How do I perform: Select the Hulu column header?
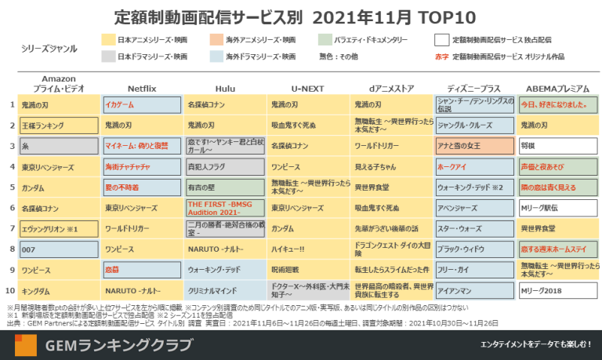[203, 89]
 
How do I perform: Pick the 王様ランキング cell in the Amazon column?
[59, 125]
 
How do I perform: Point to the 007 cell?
[59, 249]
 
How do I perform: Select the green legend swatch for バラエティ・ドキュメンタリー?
[328, 40]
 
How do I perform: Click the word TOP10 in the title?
[456, 16]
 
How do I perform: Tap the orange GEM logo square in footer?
[25, 345]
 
